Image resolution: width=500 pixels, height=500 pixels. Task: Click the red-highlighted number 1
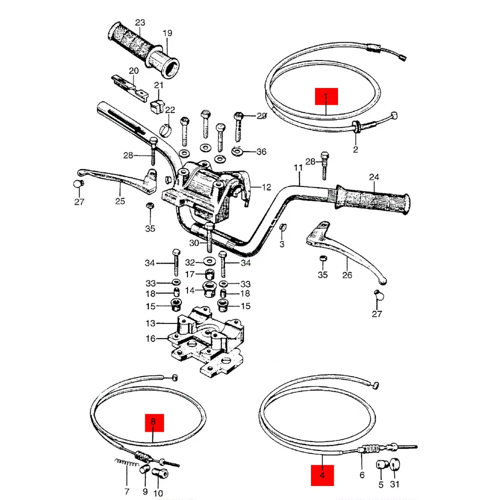click(x=326, y=97)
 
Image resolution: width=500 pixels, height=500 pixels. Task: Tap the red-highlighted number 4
click(x=322, y=475)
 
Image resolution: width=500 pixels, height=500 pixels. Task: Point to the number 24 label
click(x=374, y=177)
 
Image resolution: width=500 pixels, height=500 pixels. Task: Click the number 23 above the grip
click(x=140, y=22)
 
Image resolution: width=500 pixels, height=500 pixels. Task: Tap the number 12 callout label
click(x=266, y=187)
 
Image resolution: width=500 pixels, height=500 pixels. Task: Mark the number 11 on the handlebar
click(x=298, y=168)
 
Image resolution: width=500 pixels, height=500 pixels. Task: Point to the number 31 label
click(x=394, y=485)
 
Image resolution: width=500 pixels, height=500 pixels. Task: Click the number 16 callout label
click(x=151, y=339)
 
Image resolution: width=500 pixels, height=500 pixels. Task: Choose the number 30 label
click(x=194, y=243)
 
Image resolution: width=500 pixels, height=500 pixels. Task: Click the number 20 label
click(x=133, y=70)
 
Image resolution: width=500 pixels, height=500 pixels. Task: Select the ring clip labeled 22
click(x=166, y=129)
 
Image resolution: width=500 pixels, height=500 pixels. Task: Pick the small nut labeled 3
click(x=283, y=228)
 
